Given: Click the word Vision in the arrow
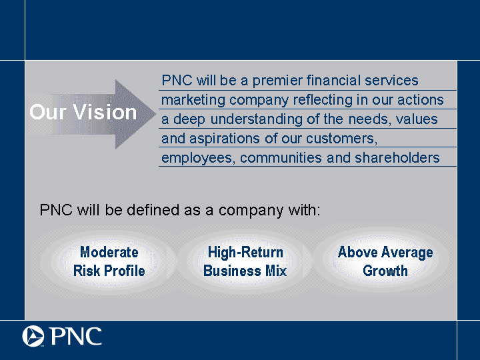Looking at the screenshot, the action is pos(105,112).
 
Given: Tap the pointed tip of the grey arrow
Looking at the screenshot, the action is pos(156,114).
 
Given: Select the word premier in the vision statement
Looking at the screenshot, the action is pos(277,81).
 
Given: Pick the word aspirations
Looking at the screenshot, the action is pos(225,139).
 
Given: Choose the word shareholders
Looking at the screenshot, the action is pos(397,158).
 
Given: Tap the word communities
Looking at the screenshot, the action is pos(281,158).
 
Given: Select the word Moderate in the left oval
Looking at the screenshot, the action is pos(109,252).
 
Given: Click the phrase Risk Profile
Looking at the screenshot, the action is pos(109,271).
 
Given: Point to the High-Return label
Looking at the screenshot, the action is pos(245,253).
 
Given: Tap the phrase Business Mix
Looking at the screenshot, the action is pos(245,271).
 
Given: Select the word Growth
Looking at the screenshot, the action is pos(385,271).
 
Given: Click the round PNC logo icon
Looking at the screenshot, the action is pos(33,336).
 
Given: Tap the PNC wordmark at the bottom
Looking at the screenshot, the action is pos(75,336).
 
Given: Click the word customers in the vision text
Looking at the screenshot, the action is pos(341,139).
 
